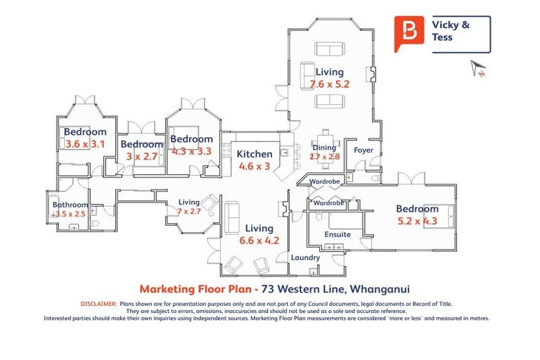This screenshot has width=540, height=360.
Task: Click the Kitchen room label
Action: [x=254, y=154]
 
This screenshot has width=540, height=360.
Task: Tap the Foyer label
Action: [x=364, y=150]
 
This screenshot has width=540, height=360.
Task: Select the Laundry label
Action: [x=306, y=258]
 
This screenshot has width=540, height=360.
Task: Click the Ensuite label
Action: [x=337, y=235]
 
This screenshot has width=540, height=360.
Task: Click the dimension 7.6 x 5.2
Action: [x=330, y=84]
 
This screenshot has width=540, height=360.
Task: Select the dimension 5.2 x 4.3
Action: [x=417, y=221]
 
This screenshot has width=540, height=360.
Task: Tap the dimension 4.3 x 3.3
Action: [x=191, y=150]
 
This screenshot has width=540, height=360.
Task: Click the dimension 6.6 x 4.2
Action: [x=259, y=240]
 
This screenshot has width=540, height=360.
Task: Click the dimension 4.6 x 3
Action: [x=254, y=167]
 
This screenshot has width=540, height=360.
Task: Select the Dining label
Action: [x=324, y=148]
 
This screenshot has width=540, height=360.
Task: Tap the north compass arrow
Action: [x=478, y=68]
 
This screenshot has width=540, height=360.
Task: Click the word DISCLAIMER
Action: [x=98, y=304]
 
